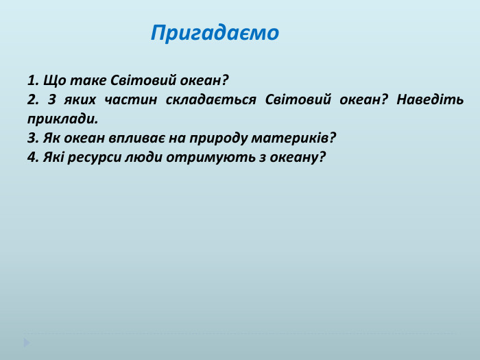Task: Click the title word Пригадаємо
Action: [215, 33]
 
